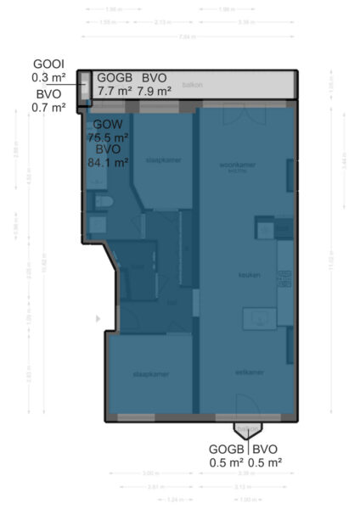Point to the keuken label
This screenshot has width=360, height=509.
(248, 275)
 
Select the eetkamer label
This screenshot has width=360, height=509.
(250, 372)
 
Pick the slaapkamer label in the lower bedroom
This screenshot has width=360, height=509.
(150, 373)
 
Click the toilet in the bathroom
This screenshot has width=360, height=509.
(104, 202)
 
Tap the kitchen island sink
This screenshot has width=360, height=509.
(258, 318)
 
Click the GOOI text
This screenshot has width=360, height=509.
(48, 64)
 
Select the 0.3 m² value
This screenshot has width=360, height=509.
(48, 78)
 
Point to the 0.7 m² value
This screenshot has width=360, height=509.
(48, 107)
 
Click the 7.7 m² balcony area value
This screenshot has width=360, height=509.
(115, 89)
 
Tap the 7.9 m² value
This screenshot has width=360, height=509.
(155, 89)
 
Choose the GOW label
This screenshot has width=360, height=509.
(108, 124)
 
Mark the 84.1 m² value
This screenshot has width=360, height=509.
(108, 162)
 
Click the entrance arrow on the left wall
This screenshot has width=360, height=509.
(98, 319)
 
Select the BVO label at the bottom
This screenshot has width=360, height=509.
(265, 449)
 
